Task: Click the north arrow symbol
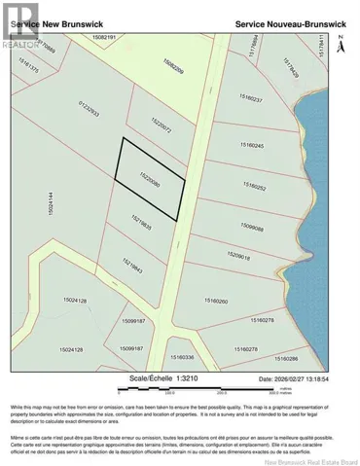341,44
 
